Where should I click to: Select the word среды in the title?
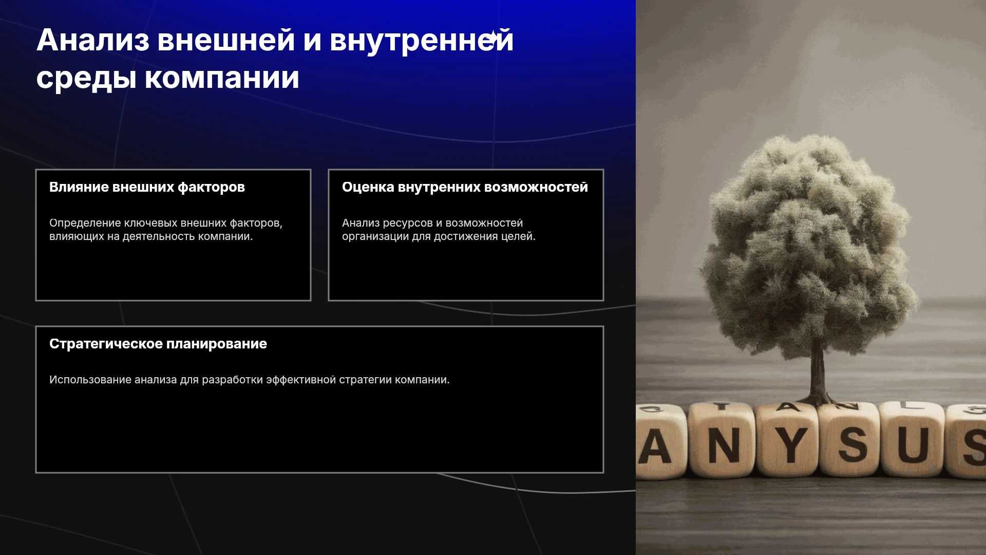pos(86,79)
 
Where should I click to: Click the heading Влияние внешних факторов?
pos(147,187)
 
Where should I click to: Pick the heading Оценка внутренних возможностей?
pos(465,187)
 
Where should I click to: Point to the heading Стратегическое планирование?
pos(158,344)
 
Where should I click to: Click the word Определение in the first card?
pos(85,223)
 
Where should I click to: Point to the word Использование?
pos(90,380)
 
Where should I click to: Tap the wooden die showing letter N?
pos(721,440)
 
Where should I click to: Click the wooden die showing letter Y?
pos(788,440)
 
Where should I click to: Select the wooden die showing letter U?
pos(913,440)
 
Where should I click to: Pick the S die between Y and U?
pos(850,440)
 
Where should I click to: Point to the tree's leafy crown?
pos(809,247)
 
